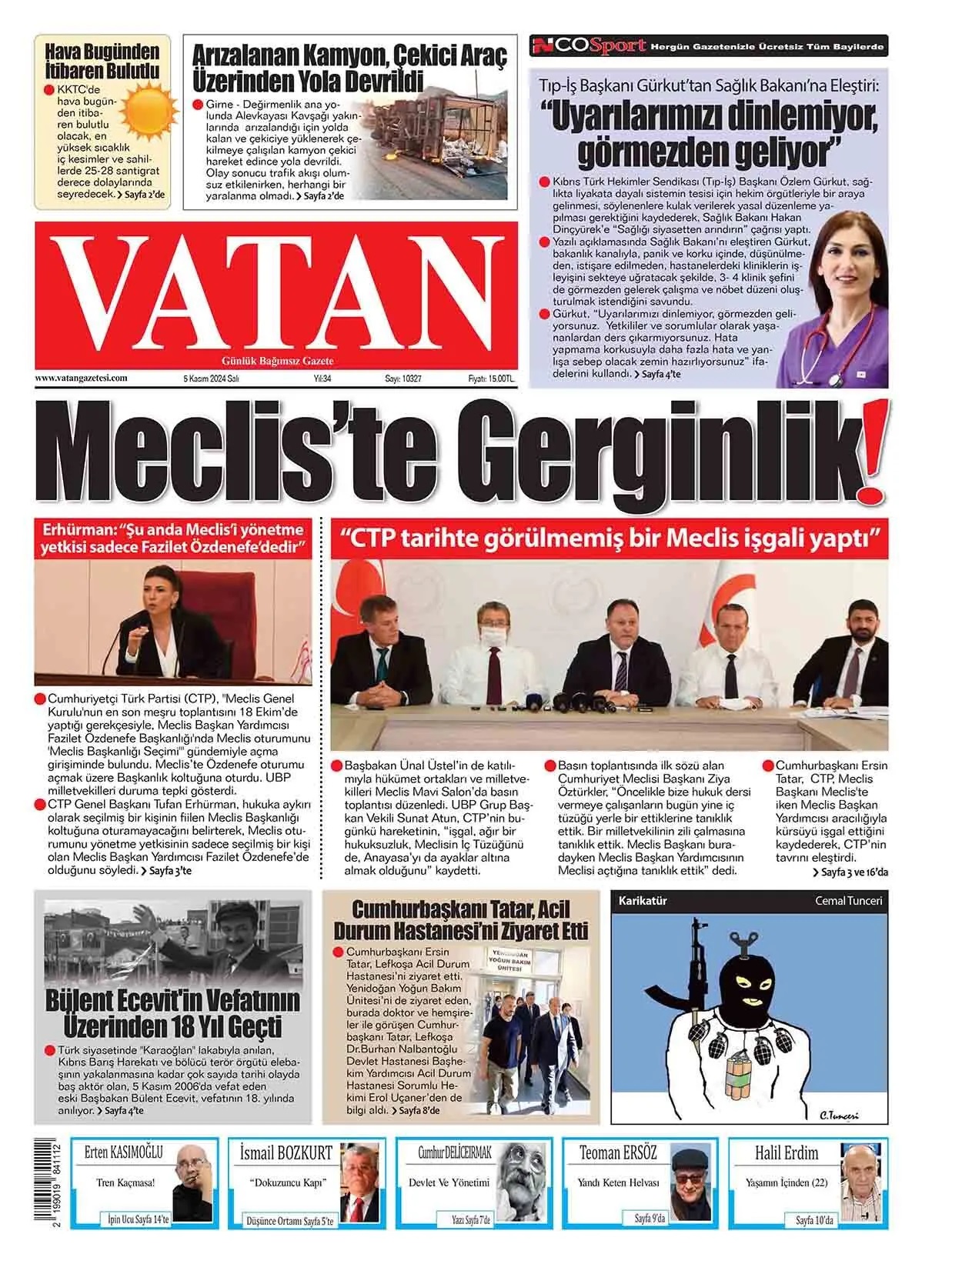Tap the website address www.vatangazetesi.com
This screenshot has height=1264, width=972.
point(81,379)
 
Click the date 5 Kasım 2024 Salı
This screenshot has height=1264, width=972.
point(211,379)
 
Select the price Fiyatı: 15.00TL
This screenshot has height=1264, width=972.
point(491,379)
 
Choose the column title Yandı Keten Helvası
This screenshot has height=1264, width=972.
point(619,1182)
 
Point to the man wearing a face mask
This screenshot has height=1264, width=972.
point(492,643)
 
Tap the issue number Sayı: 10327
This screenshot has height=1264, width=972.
point(403,379)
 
